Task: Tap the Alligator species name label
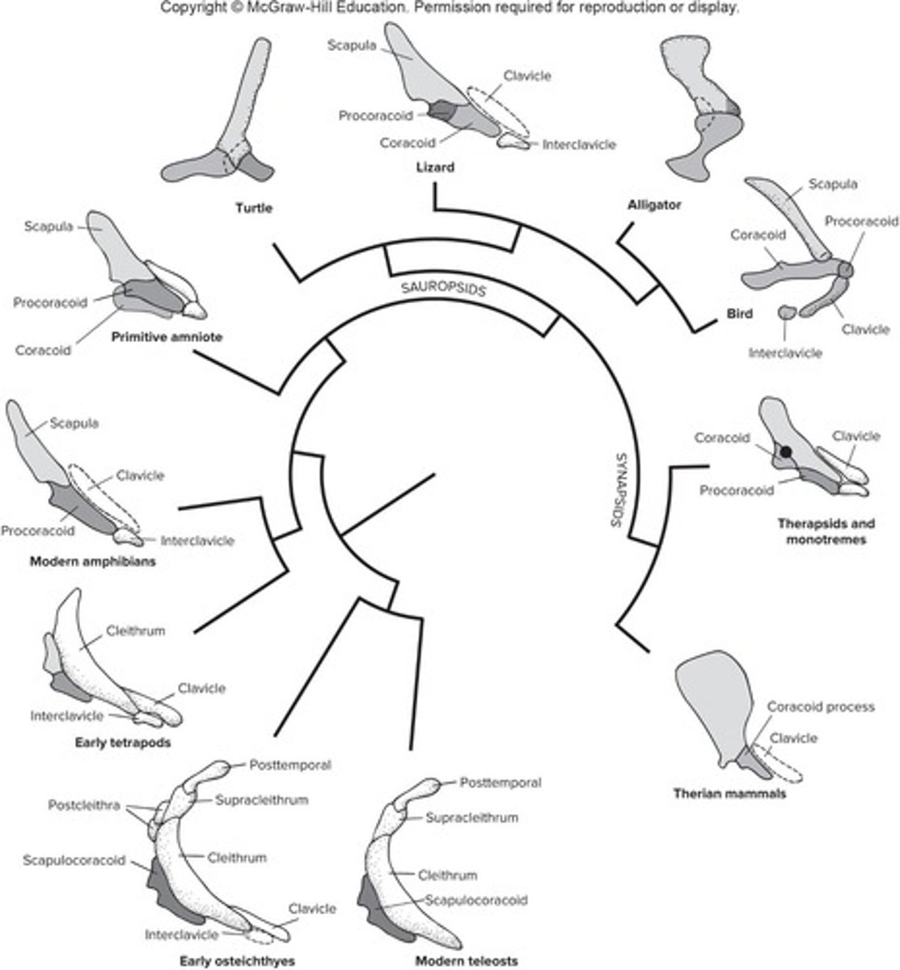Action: [654, 205]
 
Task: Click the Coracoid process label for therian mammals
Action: [821, 706]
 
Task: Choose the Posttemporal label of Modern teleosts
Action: [500, 782]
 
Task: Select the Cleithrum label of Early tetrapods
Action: [135, 631]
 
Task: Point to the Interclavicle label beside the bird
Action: [785, 352]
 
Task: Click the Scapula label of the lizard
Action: [352, 46]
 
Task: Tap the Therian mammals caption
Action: [730, 794]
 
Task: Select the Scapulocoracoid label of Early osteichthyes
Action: [74, 860]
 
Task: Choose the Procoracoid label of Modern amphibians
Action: [38, 531]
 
